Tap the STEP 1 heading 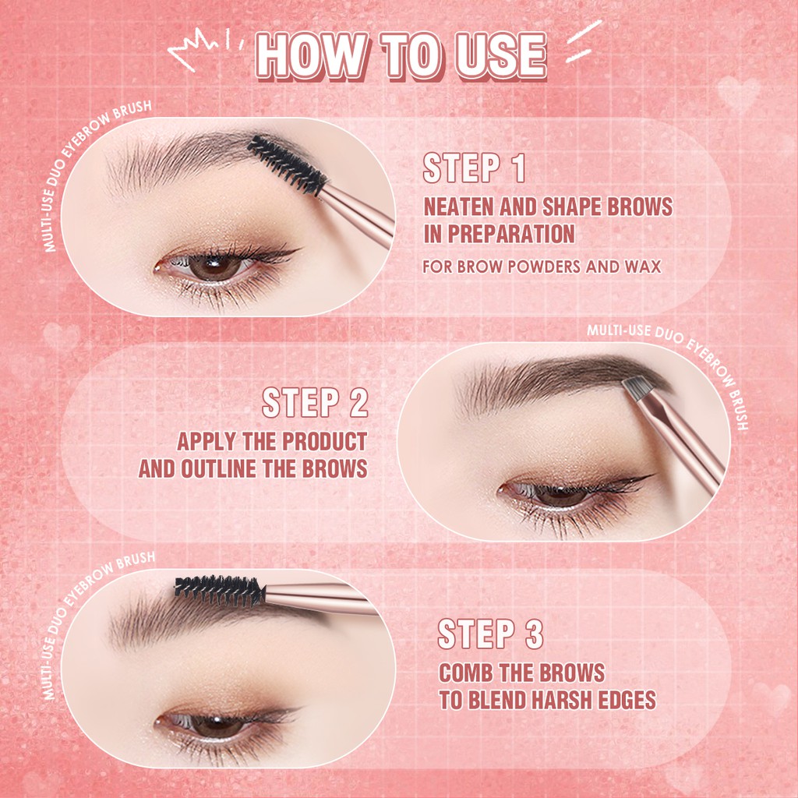(x=474, y=169)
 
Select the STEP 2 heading (x=315, y=404)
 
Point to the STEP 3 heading (x=489, y=634)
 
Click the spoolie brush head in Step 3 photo (x=219, y=591)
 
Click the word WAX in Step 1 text (x=642, y=267)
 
